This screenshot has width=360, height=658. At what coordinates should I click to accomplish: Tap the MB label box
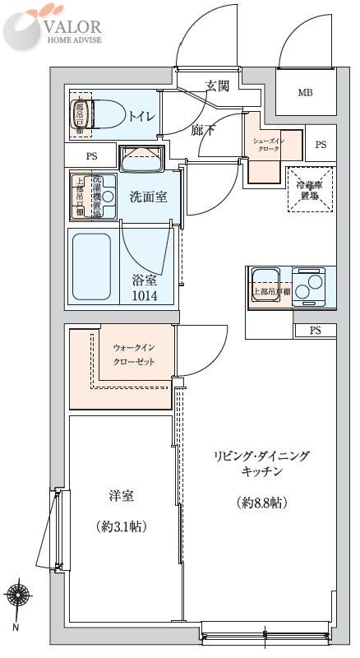coord(304,93)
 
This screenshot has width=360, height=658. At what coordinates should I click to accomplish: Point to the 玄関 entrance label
coord(217,85)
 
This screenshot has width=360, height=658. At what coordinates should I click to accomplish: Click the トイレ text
coord(139,116)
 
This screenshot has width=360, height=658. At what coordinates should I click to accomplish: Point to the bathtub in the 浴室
coord(91,266)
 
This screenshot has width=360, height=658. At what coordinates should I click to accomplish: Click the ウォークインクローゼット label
coord(133,354)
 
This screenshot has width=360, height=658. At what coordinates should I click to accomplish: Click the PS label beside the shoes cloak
coord(321,145)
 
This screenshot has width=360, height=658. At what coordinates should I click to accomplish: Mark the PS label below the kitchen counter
coord(315,331)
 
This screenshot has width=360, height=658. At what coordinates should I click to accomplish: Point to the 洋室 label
coord(121,496)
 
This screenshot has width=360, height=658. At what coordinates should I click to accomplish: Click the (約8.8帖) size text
coord(262,503)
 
